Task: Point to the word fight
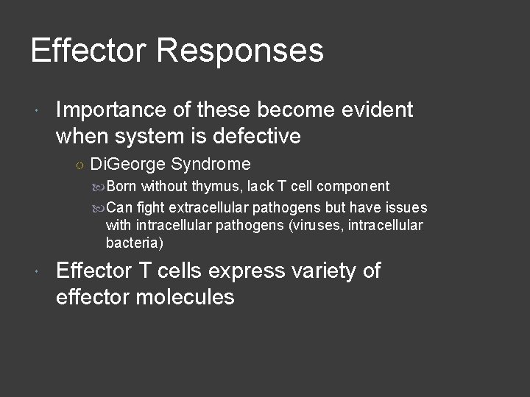151,207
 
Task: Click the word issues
407,207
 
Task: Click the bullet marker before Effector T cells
38,273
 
